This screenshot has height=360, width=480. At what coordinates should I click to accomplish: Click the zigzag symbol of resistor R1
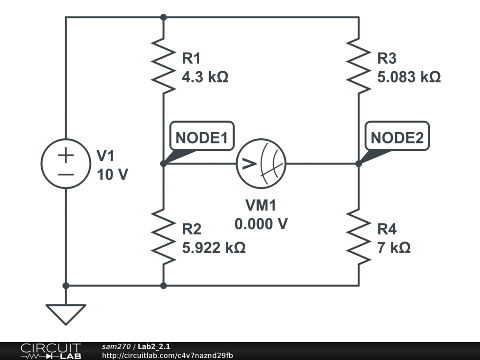tap(164, 66)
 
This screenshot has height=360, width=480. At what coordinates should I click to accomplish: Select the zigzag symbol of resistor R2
tap(164, 237)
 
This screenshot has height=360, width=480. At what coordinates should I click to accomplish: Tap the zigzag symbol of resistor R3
tap(359, 66)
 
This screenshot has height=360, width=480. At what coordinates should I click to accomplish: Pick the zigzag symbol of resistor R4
tap(359, 237)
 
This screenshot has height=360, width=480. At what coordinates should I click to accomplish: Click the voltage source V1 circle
tap(66, 164)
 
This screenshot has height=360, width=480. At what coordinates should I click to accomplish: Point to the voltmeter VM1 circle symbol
tap(261, 164)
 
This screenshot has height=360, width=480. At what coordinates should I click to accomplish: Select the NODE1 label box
tap(202, 136)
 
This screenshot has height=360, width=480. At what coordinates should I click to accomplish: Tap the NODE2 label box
tap(397, 136)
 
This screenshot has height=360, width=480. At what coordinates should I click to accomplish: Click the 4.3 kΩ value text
tap(205, 77)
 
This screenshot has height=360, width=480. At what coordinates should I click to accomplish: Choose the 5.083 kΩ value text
tap(409, 77)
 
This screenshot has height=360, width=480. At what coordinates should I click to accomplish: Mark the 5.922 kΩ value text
tap(214, 247)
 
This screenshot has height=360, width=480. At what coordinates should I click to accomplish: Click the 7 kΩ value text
tap(394, 247)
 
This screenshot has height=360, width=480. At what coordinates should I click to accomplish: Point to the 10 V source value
tap(112, 175)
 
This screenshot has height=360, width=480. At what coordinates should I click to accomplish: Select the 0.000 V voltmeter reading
tap(261, 224)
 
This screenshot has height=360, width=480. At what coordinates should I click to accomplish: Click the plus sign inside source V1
tap(66, 155)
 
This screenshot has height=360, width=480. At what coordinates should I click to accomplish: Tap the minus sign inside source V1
tap(66, 175)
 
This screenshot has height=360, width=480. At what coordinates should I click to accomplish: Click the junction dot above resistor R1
tap(164, 17)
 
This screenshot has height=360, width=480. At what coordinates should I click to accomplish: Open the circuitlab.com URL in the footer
tap(167, 355)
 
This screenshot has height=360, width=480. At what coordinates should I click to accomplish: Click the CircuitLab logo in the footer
tap(51, 351)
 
